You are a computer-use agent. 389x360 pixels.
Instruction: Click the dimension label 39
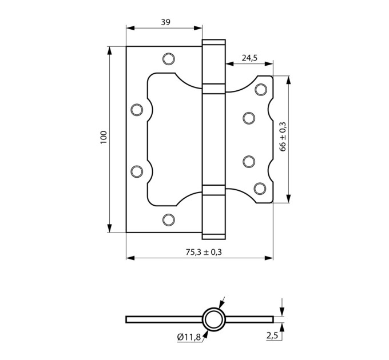pyautogui.click(x=166, y=22)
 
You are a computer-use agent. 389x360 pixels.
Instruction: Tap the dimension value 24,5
pyautogui.click(x=250, y=58)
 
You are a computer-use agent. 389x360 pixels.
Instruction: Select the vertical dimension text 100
pyautogui.click(x=103, y=138)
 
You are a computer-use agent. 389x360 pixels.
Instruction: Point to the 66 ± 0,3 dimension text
pyautogui.click(x=283, y=137)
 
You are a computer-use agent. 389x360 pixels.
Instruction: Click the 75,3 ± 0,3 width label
pyautogui.click(x=204, y=252)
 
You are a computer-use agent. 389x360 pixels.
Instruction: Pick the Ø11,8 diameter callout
pyautogui.click(x=189, y=337)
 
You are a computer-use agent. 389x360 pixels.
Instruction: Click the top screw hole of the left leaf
pyautogui.click(x=169, y=59)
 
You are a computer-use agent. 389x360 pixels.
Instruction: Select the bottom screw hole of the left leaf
pyautogui.click(x=169, y=220)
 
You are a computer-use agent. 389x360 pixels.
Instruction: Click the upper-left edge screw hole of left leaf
pyautogui.click(x=137, y=110)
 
